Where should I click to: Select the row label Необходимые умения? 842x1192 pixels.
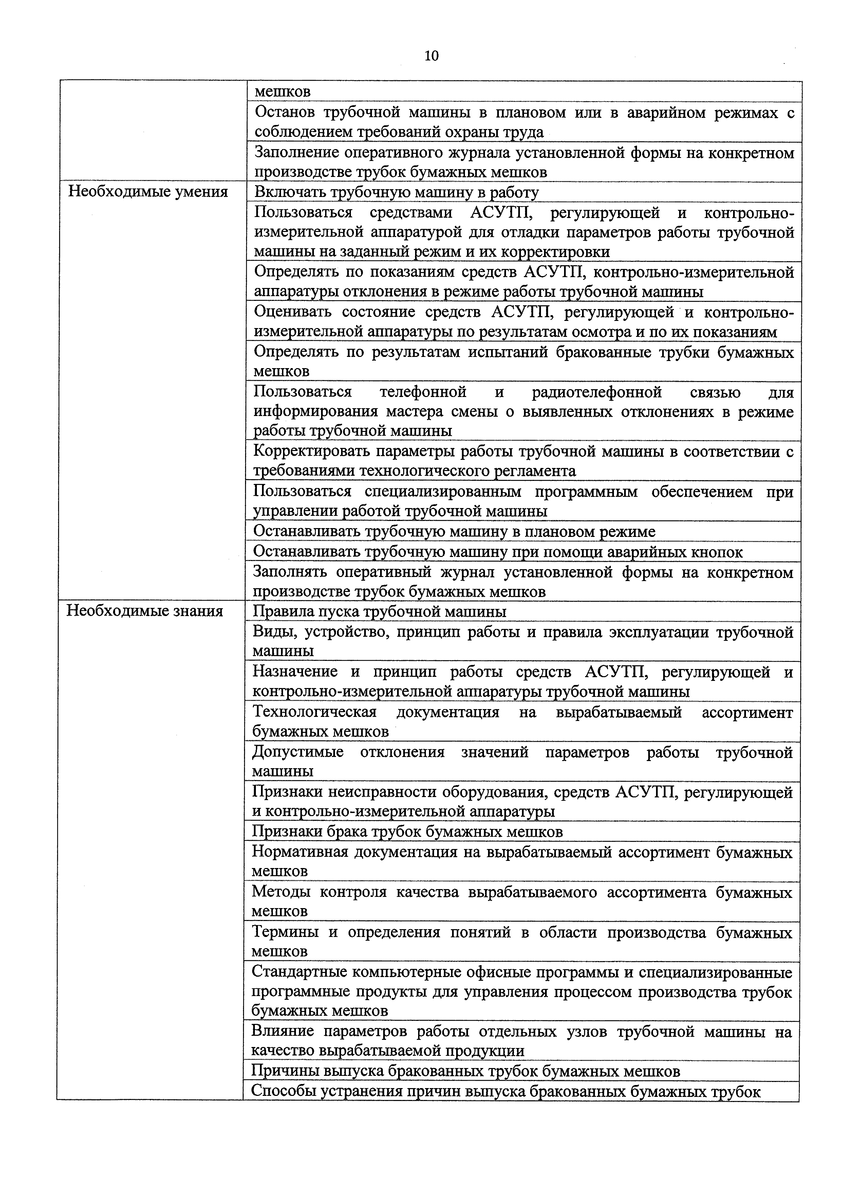[148, 192]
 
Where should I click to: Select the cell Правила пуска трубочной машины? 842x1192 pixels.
[379, 612]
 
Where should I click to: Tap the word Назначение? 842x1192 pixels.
[295, 672]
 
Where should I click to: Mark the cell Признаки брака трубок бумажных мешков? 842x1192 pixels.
[407, 832]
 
